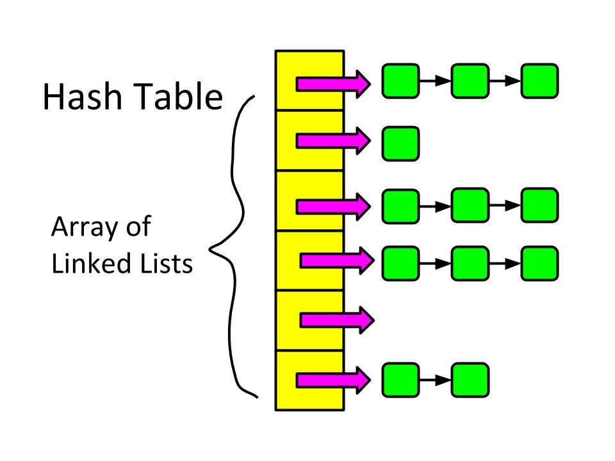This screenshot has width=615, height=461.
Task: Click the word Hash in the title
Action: [x=82, y=97]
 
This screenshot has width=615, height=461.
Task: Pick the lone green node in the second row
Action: [x=400, y=143]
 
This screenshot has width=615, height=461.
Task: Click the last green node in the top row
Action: [x=539, y=81]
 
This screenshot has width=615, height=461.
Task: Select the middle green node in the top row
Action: [x=470, y=81]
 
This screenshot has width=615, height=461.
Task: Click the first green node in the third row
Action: [x=400, y=205]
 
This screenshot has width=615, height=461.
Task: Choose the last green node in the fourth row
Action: [x=539, y=263]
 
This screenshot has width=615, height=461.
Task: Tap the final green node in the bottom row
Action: [x=470, y=380]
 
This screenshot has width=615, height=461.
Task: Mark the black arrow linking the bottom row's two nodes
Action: [x=436, y=380]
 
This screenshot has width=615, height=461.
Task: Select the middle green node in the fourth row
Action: [x=470, y=263]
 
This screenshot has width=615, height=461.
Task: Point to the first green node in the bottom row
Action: [x=400, y=380]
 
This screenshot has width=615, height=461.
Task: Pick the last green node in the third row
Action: [x=539, y=205]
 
